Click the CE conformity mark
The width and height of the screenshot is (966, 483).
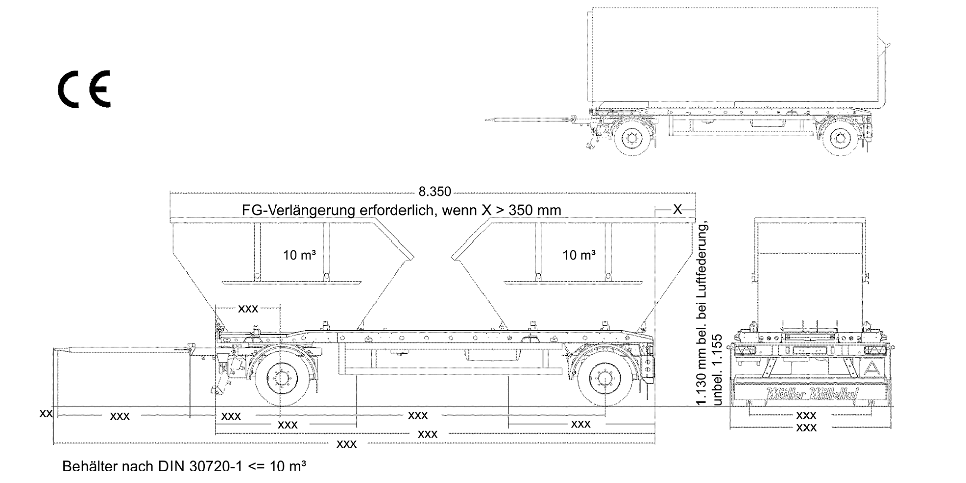click(x=84, y=89)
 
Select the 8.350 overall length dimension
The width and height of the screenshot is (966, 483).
click(x=435, y=192)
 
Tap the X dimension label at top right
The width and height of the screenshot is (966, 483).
click(x=677, y=210)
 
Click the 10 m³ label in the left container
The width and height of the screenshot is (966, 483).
click(x=299, y=255)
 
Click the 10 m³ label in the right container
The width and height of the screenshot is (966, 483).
click(x=579, y=255)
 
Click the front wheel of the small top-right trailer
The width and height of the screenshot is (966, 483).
click(x=632, y=137)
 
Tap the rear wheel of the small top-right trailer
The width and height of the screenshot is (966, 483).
click(x=840, y=137)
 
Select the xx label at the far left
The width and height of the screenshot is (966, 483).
click(x=46, y=413)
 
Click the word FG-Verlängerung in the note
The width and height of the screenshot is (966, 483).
click(x=298, y=210)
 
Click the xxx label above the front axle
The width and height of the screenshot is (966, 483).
click(x=248, y=309)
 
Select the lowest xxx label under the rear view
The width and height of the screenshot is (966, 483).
click(x=806, y=428)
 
